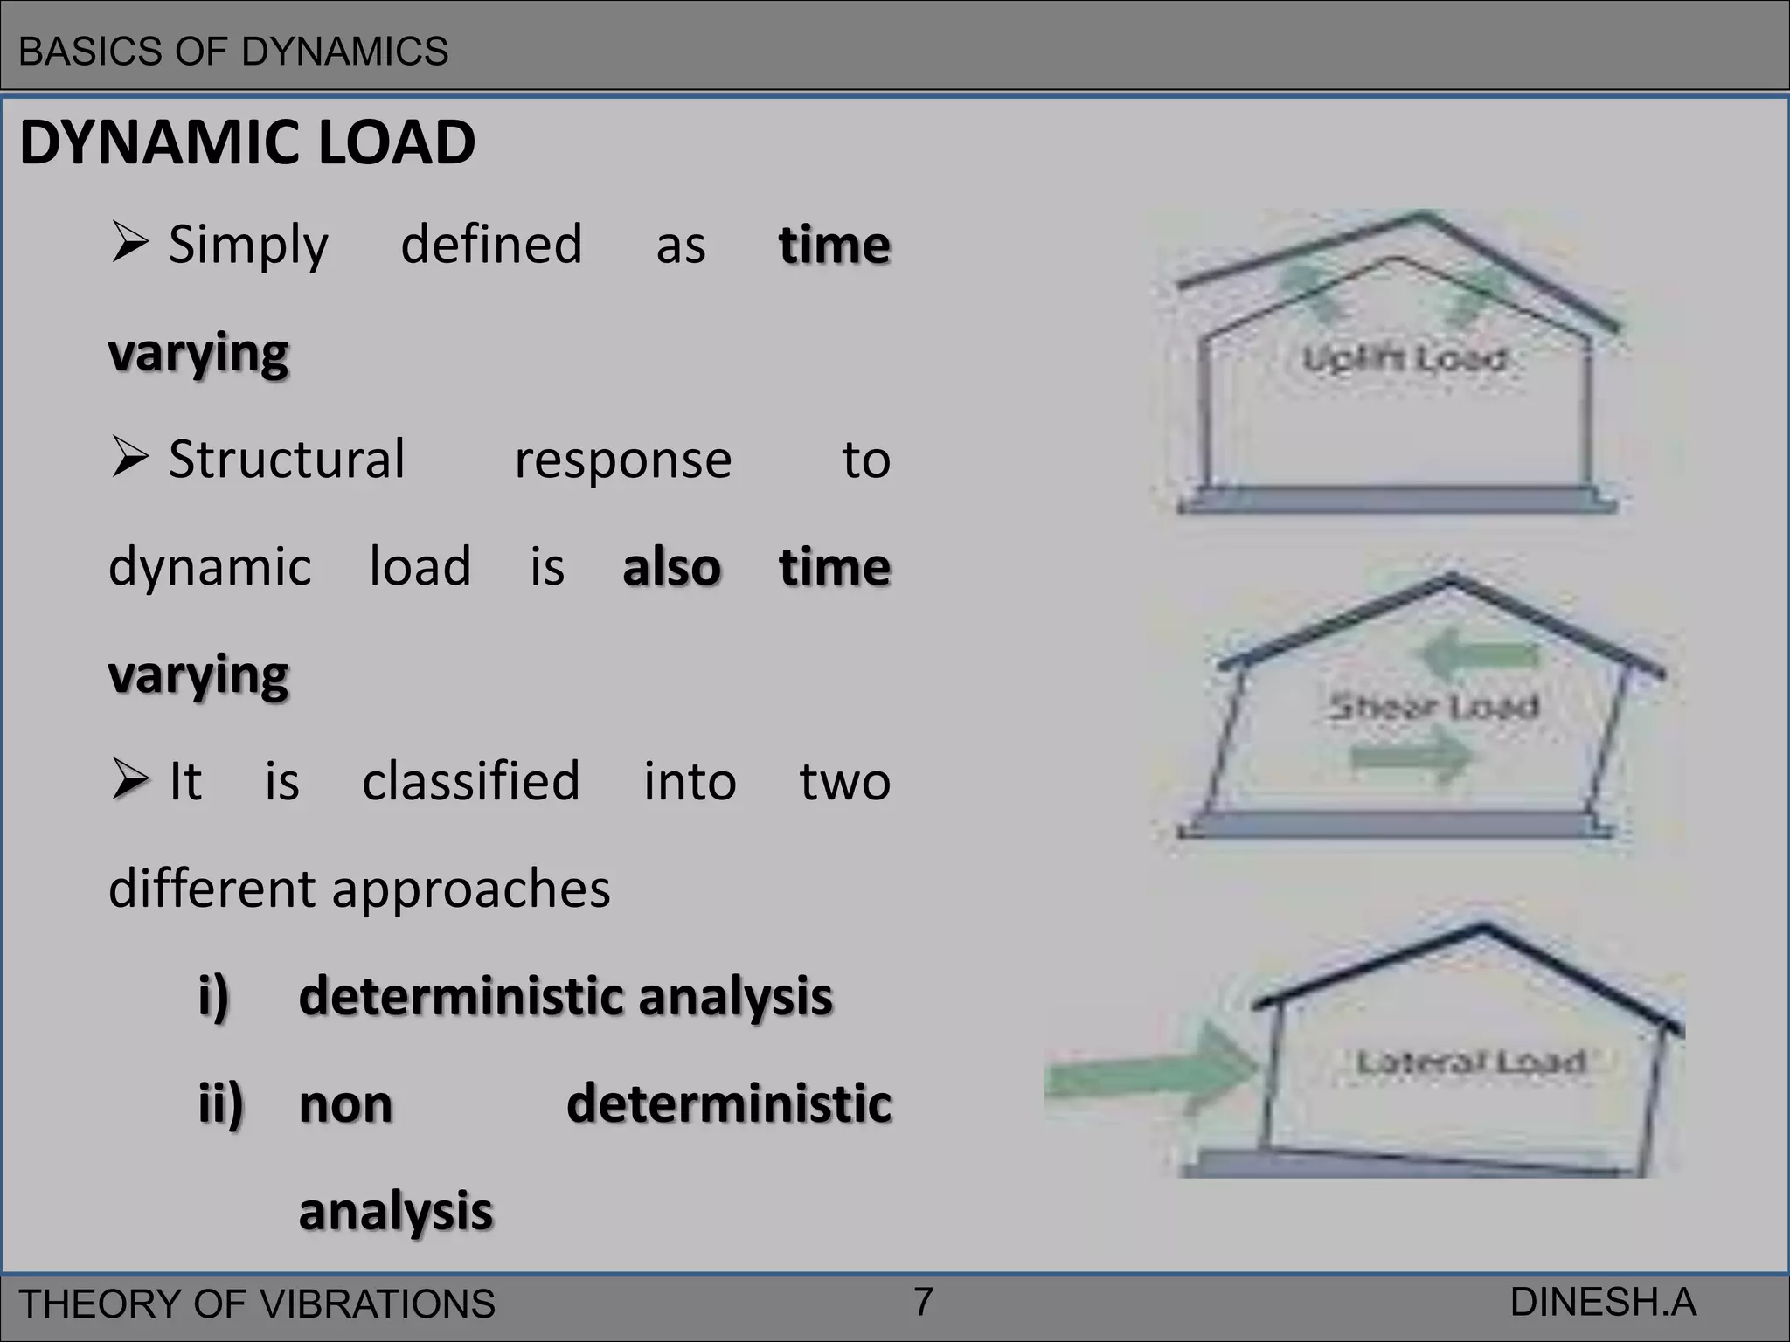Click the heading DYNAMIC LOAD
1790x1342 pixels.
pyautogui.click(x=247, y=142)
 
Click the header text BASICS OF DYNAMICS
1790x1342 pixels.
pyautogui.click(x=233, y=52)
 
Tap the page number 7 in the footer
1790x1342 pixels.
pyautogui.click(x=923, y=1302)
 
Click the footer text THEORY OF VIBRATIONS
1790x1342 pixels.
pyautogui.click(x=257, y=1304)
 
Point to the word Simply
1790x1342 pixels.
pyautogui.click(x=248, y=245)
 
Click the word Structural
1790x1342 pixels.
pyautogui.click(x=287, y=460)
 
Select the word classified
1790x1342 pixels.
pyautogui.click(x=471, y=781)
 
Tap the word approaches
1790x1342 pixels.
pyautogui.click(x=471, y=890)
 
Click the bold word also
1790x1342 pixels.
pyautogui.click(x=671, y=567)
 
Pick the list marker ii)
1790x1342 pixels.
pyautogui.click(x=221, y=1104)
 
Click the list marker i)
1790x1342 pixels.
pyautogui.click(x=214, y=996)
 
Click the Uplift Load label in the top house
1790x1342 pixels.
pyautogui.click(x=1404, y=359)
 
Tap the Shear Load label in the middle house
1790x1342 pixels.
pyautogui.click(x=1433, y=706)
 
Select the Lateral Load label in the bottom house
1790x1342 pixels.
pyautogui.click(x=1470, y=1062)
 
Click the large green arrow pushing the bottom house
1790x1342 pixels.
pyautogui.click(x=1154, y=1071)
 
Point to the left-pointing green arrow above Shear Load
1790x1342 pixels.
pyautogui.click(x=1477, y=654)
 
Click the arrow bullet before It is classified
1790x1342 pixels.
pyautogui.click(x=129, y=779)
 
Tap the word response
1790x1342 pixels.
pyautogui.click(x=622, y=460)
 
